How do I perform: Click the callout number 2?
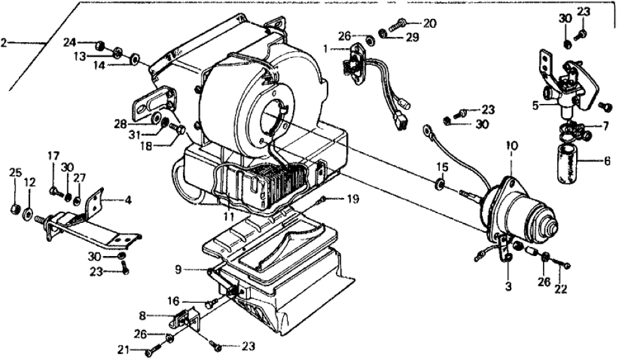5,43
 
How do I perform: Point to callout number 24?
69,43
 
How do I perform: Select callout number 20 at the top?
429,23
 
